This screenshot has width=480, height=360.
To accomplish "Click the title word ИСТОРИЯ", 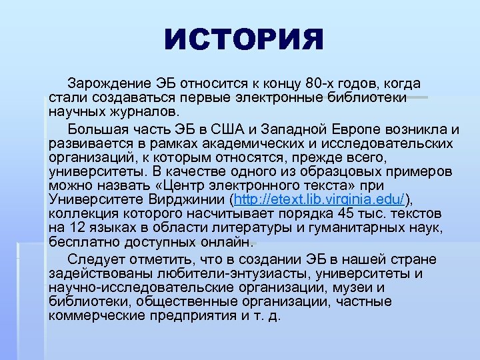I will click(243, 41).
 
